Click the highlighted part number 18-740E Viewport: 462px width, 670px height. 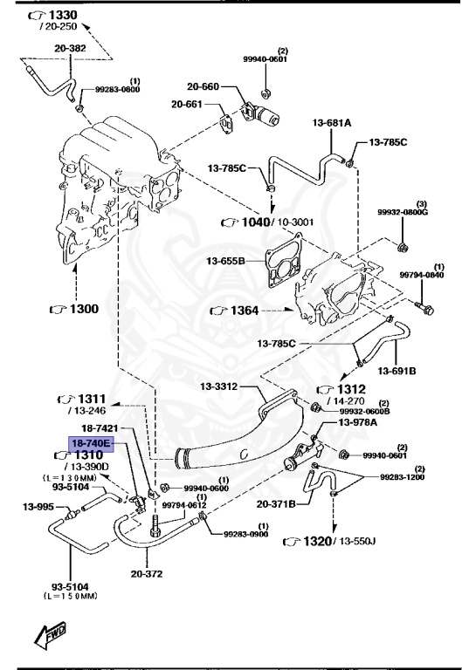point(92,443)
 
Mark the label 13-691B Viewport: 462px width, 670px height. point(397,371)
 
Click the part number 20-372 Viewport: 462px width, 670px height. point(147,573)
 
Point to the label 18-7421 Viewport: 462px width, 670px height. point(99,428)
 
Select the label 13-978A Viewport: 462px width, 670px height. point(357,422)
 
